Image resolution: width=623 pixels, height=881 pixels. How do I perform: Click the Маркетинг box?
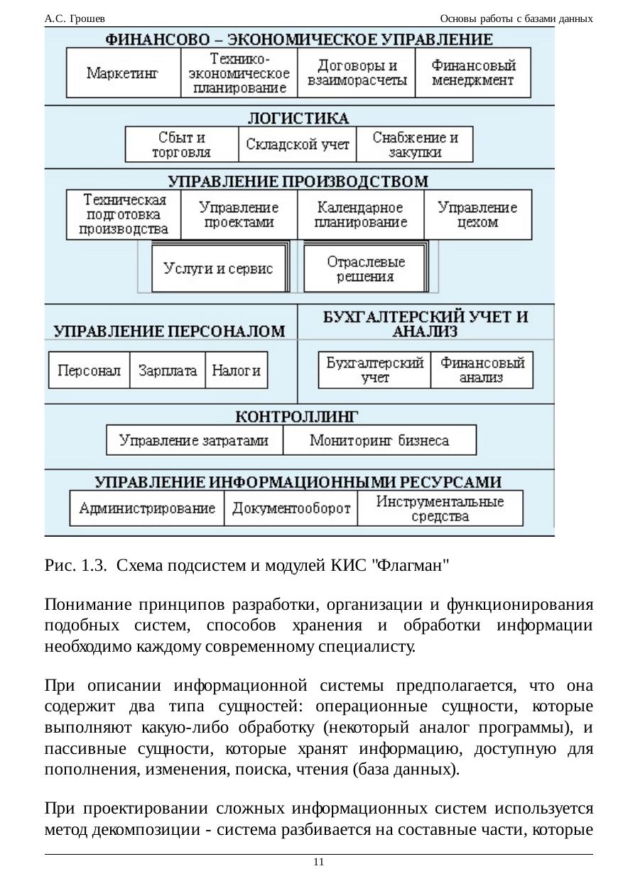point(123,72)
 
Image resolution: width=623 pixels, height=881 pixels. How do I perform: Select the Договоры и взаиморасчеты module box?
point(357,72)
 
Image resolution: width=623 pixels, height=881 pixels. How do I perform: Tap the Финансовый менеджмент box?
point(473,72)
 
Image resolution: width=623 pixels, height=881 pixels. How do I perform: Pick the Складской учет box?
point(298,145)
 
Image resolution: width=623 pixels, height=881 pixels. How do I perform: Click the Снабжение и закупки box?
point(415,145)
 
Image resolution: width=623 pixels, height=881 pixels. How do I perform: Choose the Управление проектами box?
point(239,215)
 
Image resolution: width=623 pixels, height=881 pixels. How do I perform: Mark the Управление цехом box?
point(477,215)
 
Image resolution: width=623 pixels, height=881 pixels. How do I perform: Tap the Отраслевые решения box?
point(366,269)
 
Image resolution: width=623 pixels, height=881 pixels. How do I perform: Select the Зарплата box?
point(168,371)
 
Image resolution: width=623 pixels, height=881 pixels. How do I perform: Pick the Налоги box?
point(237,371)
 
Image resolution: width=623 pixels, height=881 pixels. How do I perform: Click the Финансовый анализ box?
point(482,371)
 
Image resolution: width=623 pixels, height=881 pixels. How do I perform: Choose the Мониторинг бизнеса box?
point(379,441)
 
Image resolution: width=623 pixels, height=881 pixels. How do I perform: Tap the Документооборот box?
point(291,508)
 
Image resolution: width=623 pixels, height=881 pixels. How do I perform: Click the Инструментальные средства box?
point(440,508)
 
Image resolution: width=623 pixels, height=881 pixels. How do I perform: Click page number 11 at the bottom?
point(318,862)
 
